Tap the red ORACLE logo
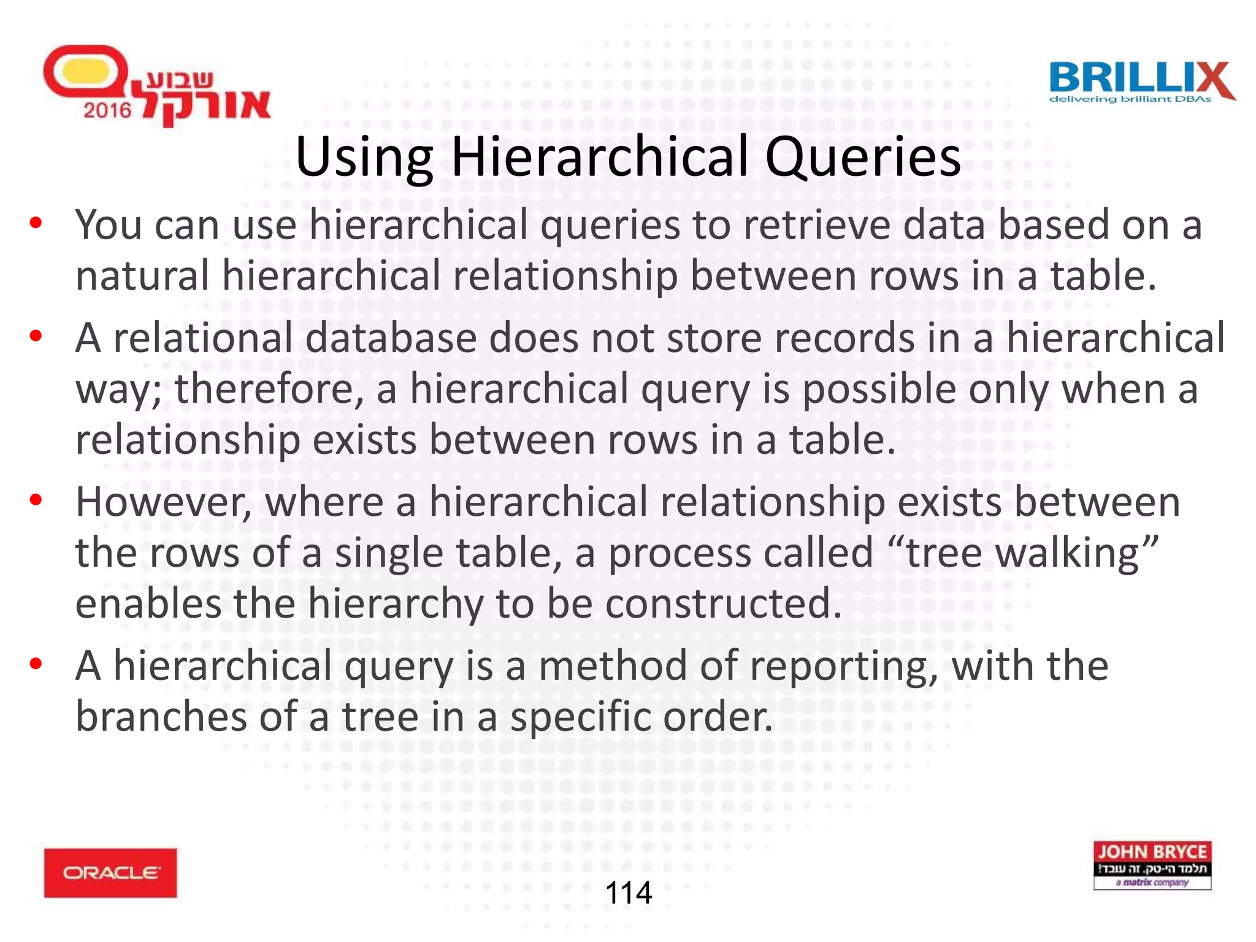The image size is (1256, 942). (x=110, y=873)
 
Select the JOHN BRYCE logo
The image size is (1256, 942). (x=1152, y=865)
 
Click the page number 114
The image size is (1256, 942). (x=628, y=892)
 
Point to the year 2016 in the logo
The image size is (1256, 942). (x=107, y=110)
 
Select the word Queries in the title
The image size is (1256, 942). (x=862, y=157)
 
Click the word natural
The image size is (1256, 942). (x=142, y=275)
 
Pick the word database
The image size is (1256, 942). (x=391, y=338)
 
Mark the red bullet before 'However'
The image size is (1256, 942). (x=36, y=500)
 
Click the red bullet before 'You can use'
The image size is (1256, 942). (x=36, y=223)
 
